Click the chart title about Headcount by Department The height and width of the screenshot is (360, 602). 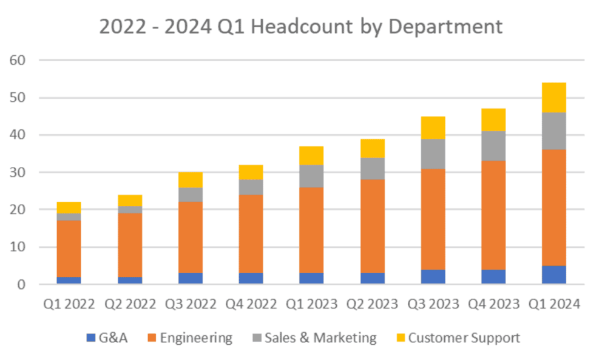(x=302, y=27)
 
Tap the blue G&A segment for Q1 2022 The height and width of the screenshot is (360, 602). (x=69, y=280)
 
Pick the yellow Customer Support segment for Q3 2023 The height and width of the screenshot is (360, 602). (x=433, y=127)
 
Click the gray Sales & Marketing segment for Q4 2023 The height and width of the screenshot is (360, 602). (x=493, y=146)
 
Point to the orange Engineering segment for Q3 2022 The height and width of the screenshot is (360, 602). (x=190, y=237)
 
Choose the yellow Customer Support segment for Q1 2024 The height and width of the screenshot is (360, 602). (x=554, y=98)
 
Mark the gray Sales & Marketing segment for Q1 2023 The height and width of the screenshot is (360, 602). (x=311, y=176)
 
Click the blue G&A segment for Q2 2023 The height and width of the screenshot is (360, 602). (x=372, y=279)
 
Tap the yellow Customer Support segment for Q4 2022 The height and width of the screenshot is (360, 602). (x=251, y=172)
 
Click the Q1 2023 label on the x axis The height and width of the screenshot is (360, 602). (x=311, y=305)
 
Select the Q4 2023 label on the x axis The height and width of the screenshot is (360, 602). (x=493, y=305)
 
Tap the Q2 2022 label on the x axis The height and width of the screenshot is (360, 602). (x=129, y=305)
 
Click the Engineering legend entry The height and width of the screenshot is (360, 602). (x=196, y=338)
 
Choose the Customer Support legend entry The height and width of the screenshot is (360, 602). (x=464, y=338)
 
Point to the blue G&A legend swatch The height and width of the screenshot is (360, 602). (x=91, y=338)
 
